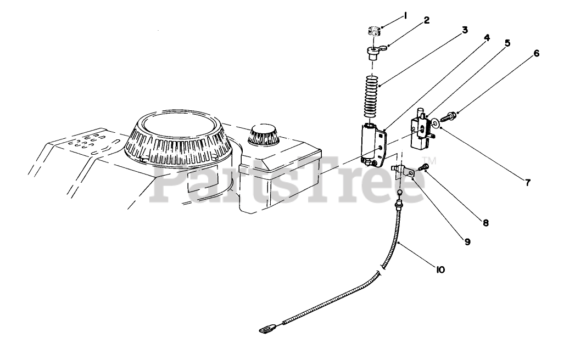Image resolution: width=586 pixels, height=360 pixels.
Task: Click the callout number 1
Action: coord(405,16)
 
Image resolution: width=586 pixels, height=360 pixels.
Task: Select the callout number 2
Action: coord(426,21)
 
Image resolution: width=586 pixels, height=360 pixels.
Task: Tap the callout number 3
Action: coord(465,30)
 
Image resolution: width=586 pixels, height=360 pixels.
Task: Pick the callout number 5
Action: coord(507,43)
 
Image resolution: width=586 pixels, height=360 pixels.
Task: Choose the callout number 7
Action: coord(527,183)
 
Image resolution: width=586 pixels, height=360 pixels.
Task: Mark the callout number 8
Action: coord(485,223)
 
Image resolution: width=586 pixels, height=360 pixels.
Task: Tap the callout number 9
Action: coord(467,241)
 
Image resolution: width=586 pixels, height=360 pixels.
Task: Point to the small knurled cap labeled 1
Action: coord(375,30)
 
